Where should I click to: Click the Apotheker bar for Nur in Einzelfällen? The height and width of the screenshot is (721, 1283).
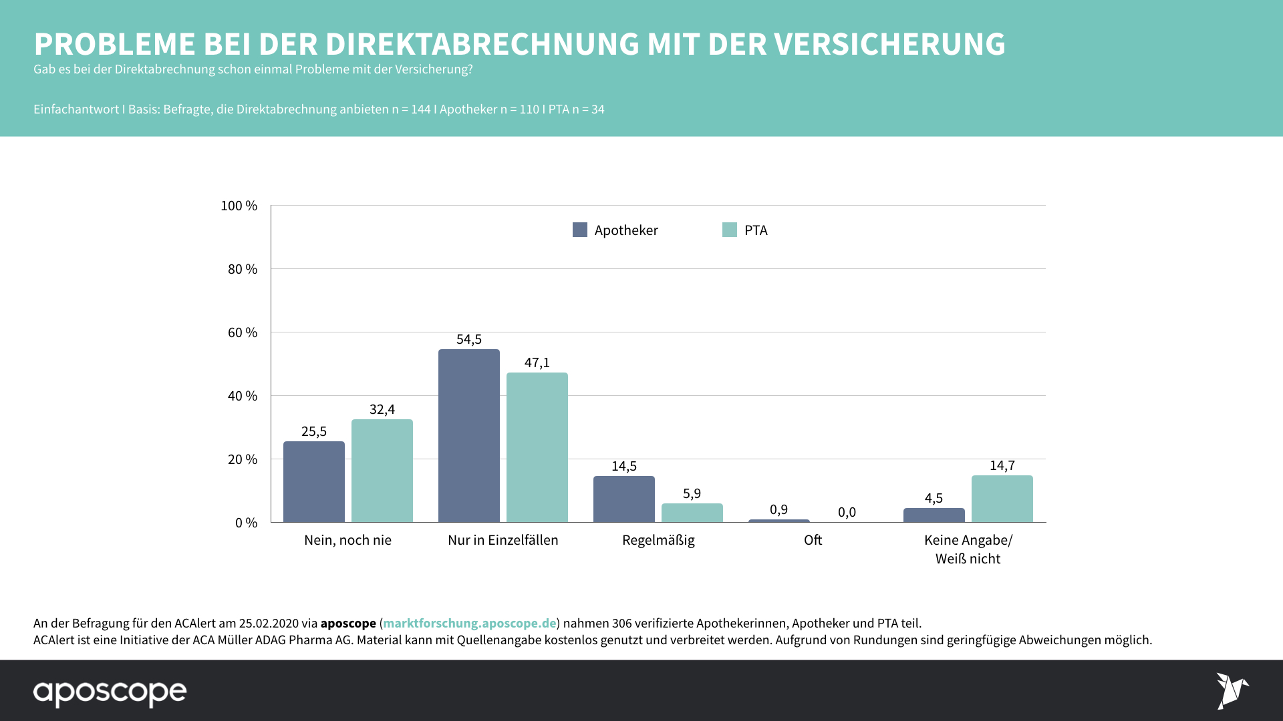pos(468,435)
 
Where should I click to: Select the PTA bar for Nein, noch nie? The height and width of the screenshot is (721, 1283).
pos(382,471)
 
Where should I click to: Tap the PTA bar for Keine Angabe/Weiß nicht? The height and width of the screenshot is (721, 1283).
pos(1002,499)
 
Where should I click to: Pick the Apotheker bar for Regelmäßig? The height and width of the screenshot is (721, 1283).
pos(623,499)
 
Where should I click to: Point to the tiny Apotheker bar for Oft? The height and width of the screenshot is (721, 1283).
pos(778,521)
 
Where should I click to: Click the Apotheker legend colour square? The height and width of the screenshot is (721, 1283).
pos(580,230)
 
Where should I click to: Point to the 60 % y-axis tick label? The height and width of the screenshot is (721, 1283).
pos(242,332)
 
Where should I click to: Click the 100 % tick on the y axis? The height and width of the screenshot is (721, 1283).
pos(239,206)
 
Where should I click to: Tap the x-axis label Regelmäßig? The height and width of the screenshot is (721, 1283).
pos(658,540)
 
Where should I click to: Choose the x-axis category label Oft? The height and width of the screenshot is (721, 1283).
pos(813,540)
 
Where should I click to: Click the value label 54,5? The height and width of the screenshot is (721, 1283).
pos(468,339)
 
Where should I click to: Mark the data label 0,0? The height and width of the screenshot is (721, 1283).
pos(847,512)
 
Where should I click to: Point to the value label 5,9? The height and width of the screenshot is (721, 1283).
pos(692,493)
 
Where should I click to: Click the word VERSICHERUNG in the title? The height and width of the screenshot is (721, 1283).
pos(889,44)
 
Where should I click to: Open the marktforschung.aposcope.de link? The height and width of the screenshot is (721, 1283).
pos(469,623)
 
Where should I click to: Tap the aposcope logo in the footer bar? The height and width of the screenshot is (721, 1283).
pos(110,692)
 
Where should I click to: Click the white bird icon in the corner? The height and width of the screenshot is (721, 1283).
pos(1232,690)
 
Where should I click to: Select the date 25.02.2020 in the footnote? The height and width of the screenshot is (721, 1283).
pos(269,623)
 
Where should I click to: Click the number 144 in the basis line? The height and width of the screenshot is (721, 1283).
pos(420,109)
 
